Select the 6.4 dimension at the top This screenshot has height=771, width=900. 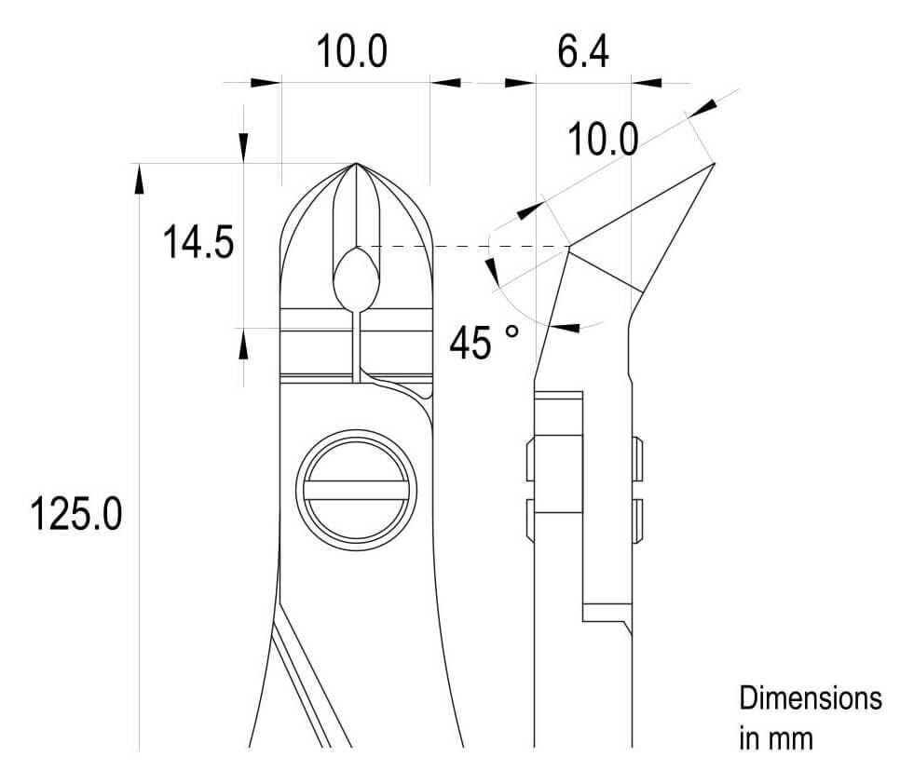tap(583, 50)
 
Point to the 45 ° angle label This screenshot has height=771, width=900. tap(484, 343)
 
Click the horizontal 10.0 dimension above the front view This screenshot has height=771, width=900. tap(352, 51)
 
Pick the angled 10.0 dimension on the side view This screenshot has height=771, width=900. tap(603, 140)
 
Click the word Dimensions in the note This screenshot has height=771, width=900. tap(811, 698)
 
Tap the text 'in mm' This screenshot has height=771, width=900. tap(776, 739)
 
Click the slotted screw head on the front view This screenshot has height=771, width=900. tap(356, 490)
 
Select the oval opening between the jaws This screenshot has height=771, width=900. tap(356, 278)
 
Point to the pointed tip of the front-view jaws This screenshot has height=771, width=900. tap(356, 164)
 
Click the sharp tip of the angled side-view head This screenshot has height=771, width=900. tap(714, 164)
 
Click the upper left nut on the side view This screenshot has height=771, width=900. tap(531, 459)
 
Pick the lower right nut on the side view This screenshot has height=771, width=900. tap(637, 521)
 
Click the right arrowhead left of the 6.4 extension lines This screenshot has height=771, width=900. tap(520, 83)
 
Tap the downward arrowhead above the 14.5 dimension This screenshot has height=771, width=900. tap(243, 148)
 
